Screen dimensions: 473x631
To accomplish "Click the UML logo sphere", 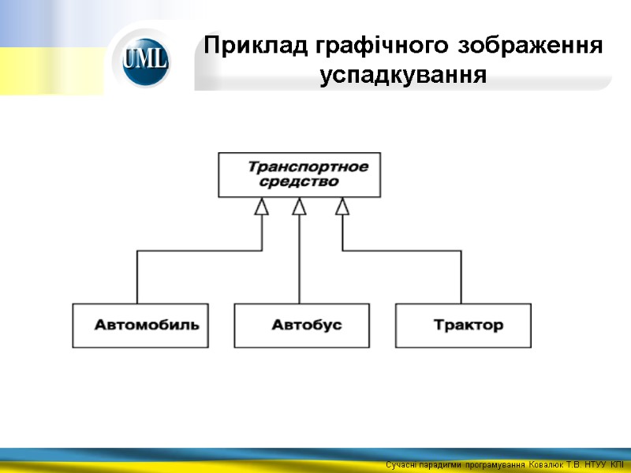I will tap(145, 60).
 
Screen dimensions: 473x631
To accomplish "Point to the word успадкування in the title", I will tap(402, 76).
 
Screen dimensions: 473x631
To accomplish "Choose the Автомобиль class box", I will tap(141, 325).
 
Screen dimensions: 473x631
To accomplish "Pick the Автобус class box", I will tap(302, 325).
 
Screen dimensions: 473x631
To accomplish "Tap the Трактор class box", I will tap(463, 325).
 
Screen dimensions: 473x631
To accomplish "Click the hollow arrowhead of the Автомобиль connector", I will tap(261, 206).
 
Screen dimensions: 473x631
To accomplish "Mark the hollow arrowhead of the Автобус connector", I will tap(299, 206).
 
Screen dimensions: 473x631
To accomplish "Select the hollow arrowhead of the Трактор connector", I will tap(342, 206).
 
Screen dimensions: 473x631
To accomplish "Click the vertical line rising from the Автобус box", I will tap(299, 260).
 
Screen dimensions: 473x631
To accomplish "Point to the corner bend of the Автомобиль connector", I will tap(138, 251).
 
